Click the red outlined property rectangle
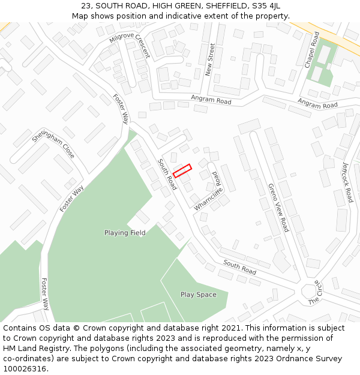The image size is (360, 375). pos(182,171)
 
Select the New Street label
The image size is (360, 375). pos(209,59)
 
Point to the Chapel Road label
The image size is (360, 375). pos(311,49)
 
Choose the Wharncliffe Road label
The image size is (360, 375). pos(209,191)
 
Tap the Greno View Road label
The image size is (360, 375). pos(278,208)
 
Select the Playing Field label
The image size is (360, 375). pos(125,233)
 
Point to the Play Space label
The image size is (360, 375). pos(198,295)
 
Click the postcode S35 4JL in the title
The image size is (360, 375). pos(266,6)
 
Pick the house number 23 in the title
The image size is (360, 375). pos(86,6)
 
